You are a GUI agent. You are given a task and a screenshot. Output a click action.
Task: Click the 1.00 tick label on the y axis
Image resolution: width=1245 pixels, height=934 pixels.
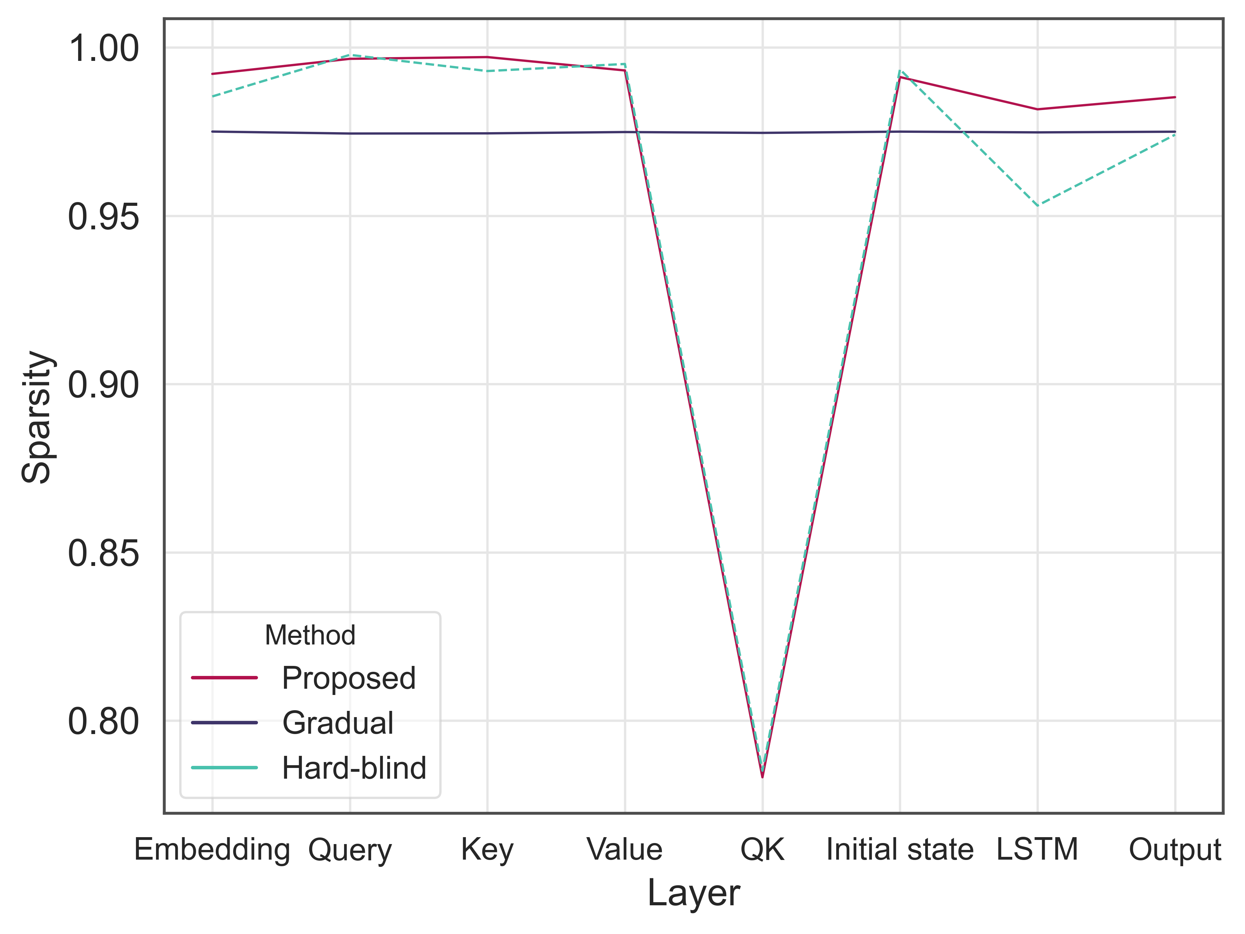pos(103,49)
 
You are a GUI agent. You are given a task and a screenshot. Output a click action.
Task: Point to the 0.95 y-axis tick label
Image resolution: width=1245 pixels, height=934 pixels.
pos(103,217)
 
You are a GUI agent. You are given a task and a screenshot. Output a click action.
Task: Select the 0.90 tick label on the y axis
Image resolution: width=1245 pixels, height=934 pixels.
pos(103,386)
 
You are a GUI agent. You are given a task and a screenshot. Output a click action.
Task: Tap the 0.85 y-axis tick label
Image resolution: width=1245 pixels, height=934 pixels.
pos(103,554)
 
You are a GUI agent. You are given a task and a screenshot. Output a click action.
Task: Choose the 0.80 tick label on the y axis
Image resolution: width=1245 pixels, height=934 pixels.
pos(103,722)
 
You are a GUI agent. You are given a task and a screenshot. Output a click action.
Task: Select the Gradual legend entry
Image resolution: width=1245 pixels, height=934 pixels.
pos(337,723)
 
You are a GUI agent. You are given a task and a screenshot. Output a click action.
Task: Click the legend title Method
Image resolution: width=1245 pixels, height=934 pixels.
pos(310,635)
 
